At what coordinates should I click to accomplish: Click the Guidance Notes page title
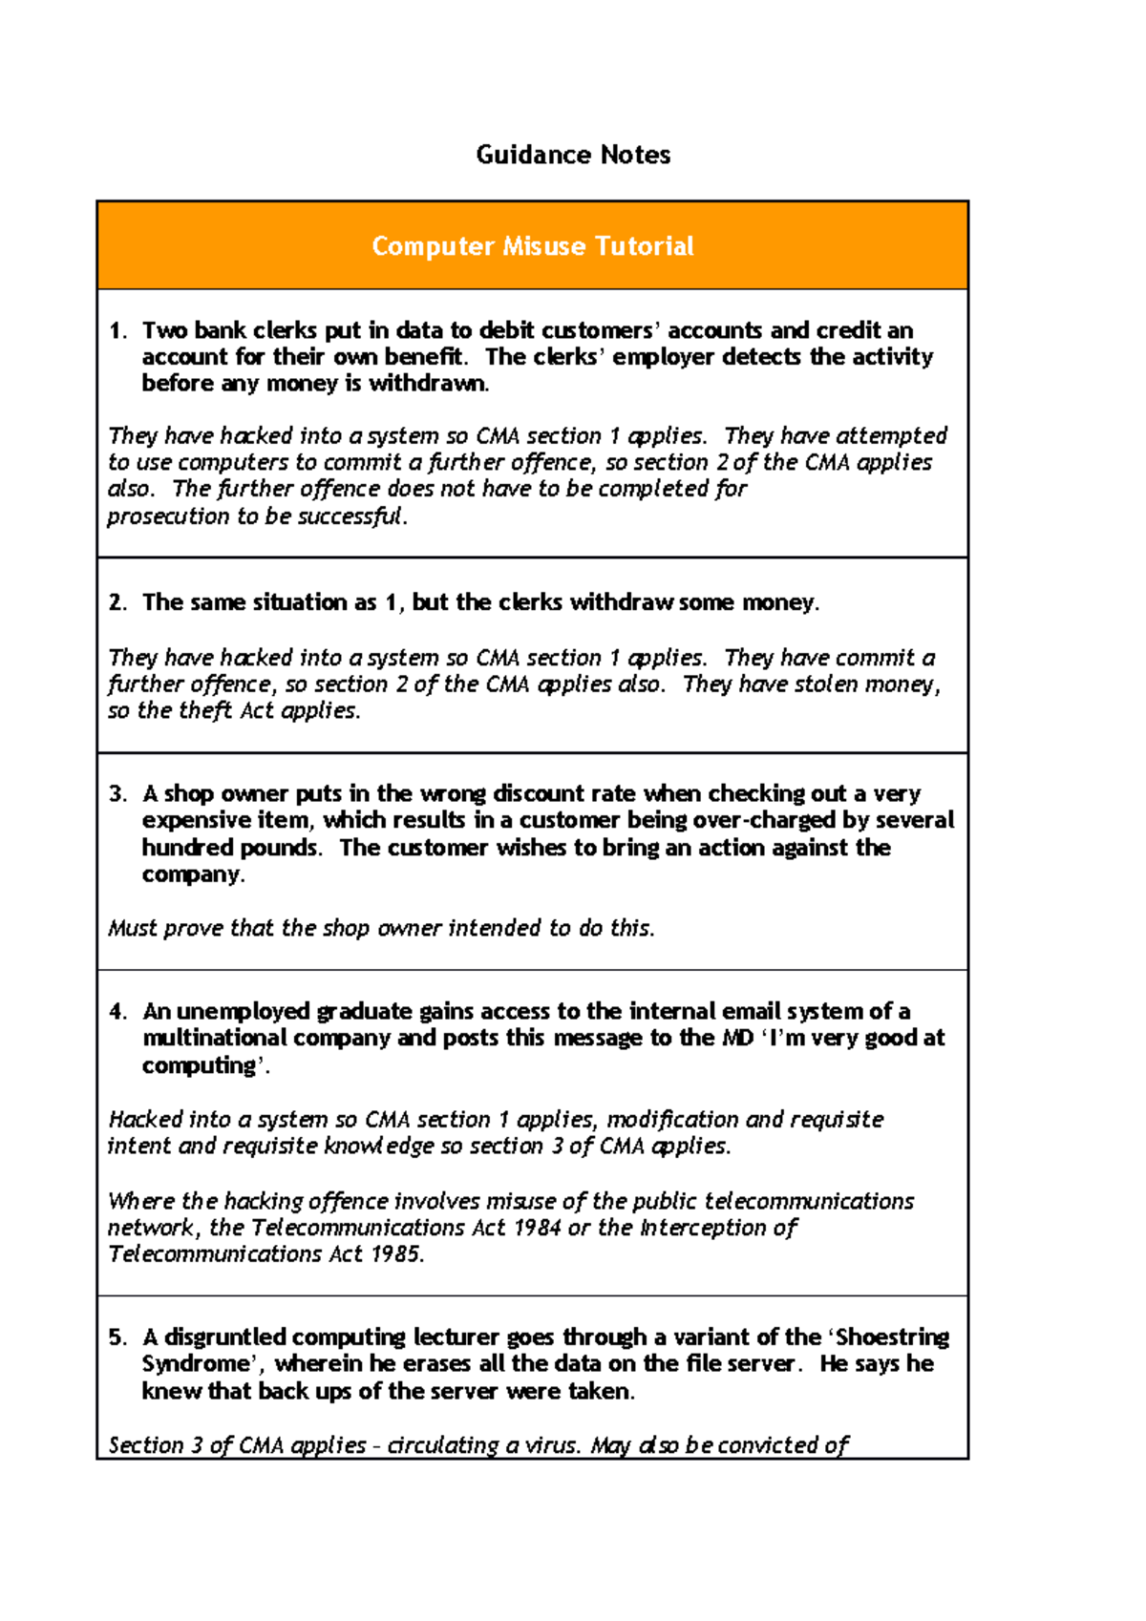coord(573,155)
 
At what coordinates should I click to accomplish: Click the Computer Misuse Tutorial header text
coord(532,246)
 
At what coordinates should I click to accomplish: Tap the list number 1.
coord(117,331)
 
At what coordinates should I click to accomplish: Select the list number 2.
coord(117,602)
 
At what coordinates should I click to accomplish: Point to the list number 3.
coord(117,794)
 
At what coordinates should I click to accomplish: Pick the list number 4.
coord(117,1012)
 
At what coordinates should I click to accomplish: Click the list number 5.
coord(117,1337)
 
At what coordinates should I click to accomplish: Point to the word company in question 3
coord(190,874)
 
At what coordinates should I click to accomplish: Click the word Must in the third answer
coord(132,928)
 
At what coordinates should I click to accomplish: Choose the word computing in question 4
coord(199,1065)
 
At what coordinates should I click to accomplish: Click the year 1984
coord(537,1228)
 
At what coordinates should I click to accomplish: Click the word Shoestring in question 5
coord(892,1337)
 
